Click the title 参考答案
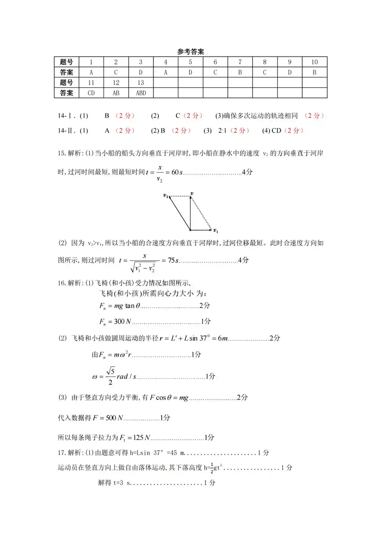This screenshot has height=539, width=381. [190, 51]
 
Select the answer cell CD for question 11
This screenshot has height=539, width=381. [91, 93]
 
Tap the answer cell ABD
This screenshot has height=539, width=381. [141, 93]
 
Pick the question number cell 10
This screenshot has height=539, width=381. [314, 62]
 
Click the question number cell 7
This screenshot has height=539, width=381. [240, 62]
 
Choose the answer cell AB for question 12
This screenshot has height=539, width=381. [116, 93]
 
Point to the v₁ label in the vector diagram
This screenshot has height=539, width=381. [216, 231]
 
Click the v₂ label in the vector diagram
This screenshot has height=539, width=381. [166, 196]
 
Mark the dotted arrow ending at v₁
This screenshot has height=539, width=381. [201, 213]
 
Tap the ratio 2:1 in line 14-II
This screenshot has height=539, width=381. [222, 131]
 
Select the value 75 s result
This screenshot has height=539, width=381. [173, 260]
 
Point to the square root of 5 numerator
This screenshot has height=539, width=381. [110, 371]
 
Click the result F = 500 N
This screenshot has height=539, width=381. [108, 418]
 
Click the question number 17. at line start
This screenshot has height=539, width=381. [62, 453]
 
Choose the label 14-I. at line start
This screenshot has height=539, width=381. [67, 116]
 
